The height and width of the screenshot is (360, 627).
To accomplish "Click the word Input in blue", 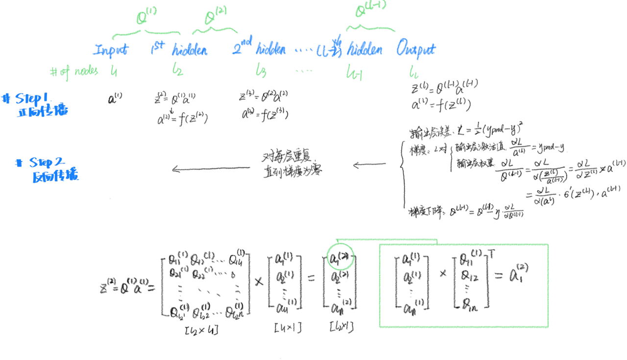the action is pos(111,49).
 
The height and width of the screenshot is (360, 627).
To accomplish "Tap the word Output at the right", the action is pos(415,49).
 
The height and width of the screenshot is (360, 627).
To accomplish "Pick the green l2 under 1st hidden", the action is pos(177,71).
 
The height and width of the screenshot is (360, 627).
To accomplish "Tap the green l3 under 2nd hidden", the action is pos(260,71).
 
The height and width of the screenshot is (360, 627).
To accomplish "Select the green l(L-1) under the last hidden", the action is pos(354,73).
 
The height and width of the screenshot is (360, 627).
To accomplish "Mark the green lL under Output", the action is pos(413,73).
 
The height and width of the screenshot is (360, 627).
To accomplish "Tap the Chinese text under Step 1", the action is pos(43,112).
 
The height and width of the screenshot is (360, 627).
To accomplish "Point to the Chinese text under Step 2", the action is pos(55,176).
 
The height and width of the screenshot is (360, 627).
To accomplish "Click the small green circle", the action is pos(340,256).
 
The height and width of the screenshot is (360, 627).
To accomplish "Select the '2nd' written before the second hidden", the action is pos(242,47).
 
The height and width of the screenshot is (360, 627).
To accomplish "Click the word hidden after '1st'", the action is pos(190,50).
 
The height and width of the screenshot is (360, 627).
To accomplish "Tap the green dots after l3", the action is pos(303,71).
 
